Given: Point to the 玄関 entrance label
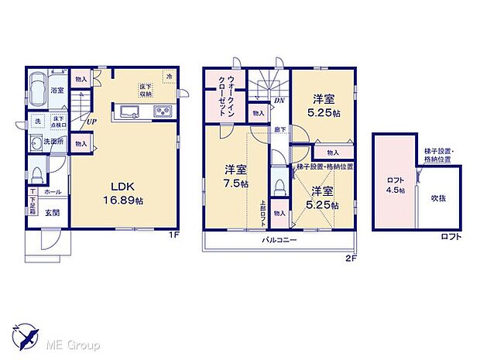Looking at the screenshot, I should point(52,212).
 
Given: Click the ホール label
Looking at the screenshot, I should point(52,193).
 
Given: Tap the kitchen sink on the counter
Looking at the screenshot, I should point(130,109).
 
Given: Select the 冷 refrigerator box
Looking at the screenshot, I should point(168,76).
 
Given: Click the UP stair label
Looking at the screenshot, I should point(92,121).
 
